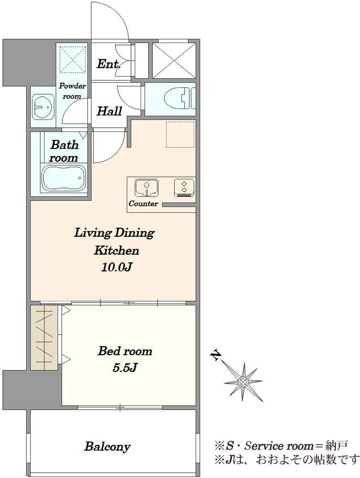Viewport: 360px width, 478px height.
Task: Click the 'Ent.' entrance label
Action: click(x=109, y=64)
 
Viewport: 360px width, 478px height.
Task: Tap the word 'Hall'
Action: click(x=109, y=111)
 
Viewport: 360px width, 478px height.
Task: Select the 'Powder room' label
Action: click(x=72, y=91)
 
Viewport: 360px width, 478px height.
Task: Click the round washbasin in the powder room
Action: click(x=43, y=107)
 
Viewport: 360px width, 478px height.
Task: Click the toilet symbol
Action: click(x=179, y=99)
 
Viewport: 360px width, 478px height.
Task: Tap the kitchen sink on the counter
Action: click(x=147, y=188)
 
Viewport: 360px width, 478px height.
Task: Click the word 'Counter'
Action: click(x=143, y=204)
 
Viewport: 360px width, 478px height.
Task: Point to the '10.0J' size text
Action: click(x=116, y=267)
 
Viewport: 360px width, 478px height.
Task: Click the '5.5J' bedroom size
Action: click(x=125, y=368)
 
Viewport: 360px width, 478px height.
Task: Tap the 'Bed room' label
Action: click(x=125, y=351)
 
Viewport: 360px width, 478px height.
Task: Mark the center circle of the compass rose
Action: click(x=243, y=381)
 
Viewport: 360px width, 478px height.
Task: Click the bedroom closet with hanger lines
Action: click(x=44, y=337)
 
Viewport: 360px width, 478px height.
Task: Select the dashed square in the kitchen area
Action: click(x=180, y=134)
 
